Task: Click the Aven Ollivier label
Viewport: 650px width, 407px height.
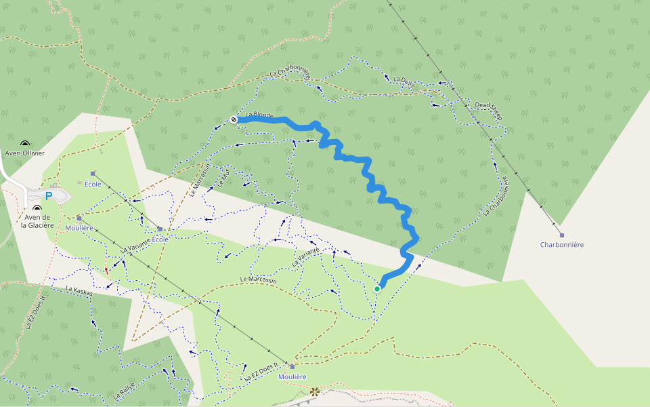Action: point(25,153)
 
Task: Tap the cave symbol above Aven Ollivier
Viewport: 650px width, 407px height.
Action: point(25,144)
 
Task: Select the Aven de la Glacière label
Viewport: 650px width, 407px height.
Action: point(37,221)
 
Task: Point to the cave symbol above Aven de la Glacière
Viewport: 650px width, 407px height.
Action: point(37,208)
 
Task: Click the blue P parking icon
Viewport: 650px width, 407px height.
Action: point(49,196)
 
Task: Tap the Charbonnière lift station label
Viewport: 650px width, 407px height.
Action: point(561,244)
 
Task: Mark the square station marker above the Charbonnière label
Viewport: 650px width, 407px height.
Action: point(561,235)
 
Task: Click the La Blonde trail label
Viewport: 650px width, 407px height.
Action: point(259,116)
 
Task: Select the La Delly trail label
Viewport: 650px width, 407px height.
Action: point(404,81)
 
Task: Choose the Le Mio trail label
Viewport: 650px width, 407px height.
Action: point(223,178)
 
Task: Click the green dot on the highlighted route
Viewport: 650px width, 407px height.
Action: point(377,288)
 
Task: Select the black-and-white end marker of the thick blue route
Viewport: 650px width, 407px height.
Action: point(234,119)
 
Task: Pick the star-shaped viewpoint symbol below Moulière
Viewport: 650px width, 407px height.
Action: point(314,391)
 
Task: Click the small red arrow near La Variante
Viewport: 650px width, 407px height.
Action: point(106,270)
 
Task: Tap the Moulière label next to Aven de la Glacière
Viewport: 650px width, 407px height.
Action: point(80,228)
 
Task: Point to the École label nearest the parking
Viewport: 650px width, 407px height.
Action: point(93,184)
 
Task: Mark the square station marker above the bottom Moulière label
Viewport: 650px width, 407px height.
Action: point(292,366)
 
